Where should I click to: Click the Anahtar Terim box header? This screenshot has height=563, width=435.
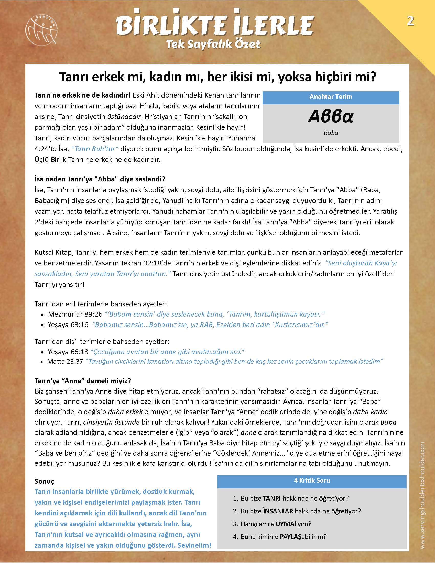pos(331,97)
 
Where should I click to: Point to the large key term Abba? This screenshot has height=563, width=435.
pos(331,116)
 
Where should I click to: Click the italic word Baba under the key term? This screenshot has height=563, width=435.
pos(331,133)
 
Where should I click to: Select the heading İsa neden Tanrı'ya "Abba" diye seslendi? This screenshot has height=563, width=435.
pos(100,179)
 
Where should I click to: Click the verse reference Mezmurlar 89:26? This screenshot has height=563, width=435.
pos(75,314)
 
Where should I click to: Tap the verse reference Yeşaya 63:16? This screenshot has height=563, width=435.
pos(68,325)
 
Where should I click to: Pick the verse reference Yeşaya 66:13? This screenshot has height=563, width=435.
pos(68,352)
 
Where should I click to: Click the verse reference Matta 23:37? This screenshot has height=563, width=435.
pos(65,361)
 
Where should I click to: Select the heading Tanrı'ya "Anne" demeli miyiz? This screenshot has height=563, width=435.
pos(83,381)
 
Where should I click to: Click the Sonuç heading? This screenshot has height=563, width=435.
pos(44,481)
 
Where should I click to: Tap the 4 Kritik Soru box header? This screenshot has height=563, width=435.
pos(312,481)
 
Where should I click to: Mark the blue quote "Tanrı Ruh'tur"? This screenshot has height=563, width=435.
pos(95,149)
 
